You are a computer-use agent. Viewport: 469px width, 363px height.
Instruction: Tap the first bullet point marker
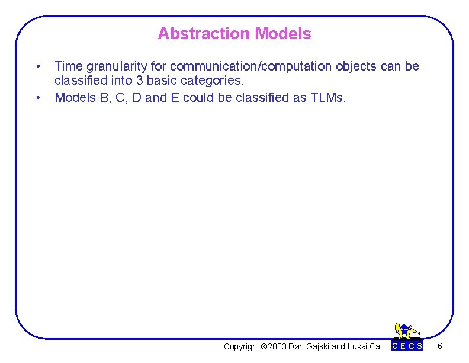pyautogui.click(x=37, y=66)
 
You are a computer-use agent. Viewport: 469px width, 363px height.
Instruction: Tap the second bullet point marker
pyautogui.click(x=37, y=97)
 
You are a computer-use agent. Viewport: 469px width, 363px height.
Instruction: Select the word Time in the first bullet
pyautogui.click(x=67, y=66)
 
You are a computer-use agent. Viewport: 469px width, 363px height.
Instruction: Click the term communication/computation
pyautogui.click(x=252, y=66)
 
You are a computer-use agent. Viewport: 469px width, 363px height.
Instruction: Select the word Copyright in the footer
pyautogui.click(x=242, y=346)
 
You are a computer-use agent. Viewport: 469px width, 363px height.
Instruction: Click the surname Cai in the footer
pyautogui.click(x=375, y=346)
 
